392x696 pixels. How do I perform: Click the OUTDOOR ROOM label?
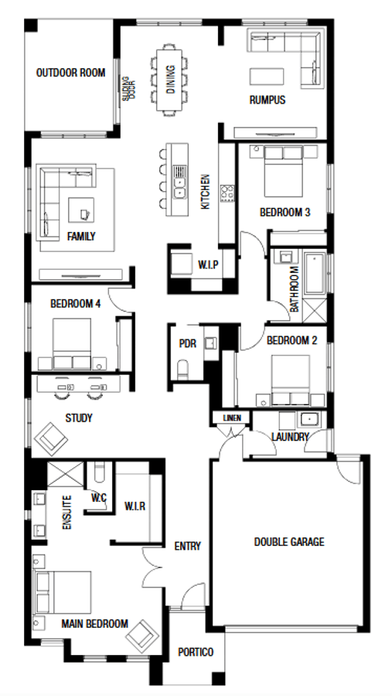70,73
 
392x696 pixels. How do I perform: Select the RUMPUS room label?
268,100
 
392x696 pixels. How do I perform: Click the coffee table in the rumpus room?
267,76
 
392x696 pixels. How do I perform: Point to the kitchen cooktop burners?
227,193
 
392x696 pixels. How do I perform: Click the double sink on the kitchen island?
179,187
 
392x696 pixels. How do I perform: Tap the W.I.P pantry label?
208,265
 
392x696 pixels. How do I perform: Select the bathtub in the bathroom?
315,273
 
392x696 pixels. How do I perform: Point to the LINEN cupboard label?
232,418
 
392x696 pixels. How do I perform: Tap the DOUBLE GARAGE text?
289,542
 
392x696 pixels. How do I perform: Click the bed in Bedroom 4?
72,343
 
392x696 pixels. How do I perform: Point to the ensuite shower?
65,475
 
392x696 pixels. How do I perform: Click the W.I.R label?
135,506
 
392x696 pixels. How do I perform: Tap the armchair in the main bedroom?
142,636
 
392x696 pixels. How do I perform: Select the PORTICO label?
196,652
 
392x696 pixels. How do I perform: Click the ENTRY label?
187,547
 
